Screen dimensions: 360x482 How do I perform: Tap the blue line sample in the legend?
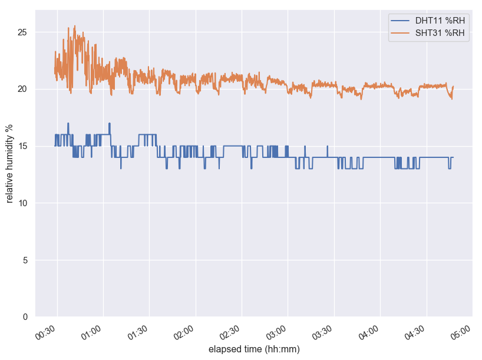click(401, 21)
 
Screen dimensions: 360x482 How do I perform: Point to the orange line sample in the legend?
click(401, 33)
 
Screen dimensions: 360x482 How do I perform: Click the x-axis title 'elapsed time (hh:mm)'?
click(254, 349)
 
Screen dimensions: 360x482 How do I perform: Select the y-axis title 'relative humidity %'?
click(9, 163)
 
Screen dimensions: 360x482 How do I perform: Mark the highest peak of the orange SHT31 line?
click(75, 26)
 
